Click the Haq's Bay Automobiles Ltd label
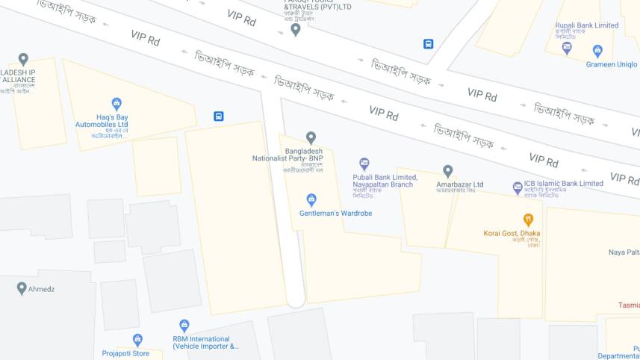pyautogui.click(x=102, y=121)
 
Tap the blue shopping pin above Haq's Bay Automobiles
pyautogui.click(x=116, y=105)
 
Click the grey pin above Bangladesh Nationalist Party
pyautogui.click(x=311, y=137)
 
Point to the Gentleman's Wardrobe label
pyautogui.click(x=335, y=213)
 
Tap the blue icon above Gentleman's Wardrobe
pyautogui.click(x=311, y=199)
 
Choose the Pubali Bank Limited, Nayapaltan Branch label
pyautogui.click(x=383, y=181)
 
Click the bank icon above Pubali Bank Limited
pyautogui.click(x=364, y=164)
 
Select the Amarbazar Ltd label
pyautogui.click(x=460, y=184)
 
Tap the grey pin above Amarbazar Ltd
pyautogui.click(x=448, y=171)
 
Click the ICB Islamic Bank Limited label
pyautogui.click(x=563, y=183)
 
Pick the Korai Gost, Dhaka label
pyautogui.click(x=512, y=233)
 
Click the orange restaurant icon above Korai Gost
pyautogui.click(x=529, y=220)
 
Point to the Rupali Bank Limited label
pyautogui.click(x=586, y=25)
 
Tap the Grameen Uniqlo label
pyautogui.click(x=612, y=64)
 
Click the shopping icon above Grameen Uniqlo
pyautogui.click(x=597, y=51)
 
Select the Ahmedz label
pyautogui.click(x=42, y=289)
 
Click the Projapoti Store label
pyautogui.click(x=125, y=353)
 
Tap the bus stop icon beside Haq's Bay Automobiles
pyautogui.click(x=219, y=117)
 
